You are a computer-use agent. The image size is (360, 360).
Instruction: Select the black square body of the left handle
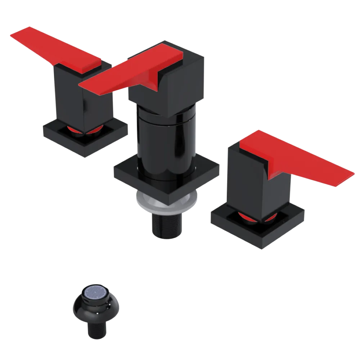coord(68,97)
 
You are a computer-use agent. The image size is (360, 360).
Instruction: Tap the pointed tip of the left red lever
coord(13,34)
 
